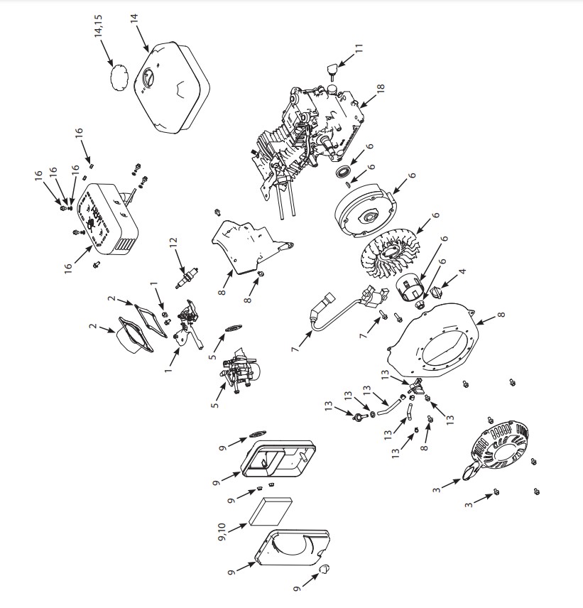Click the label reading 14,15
[98, 26]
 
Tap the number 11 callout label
[359, 48]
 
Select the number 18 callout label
[381, 87]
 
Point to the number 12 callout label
[173, 242]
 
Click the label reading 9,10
[222, 532]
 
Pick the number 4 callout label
[462, 272]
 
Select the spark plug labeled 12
[187, 277]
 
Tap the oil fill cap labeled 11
[331, 71]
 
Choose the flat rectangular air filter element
[270, 511]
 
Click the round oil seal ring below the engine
[344, 171]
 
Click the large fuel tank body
[172, 87]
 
